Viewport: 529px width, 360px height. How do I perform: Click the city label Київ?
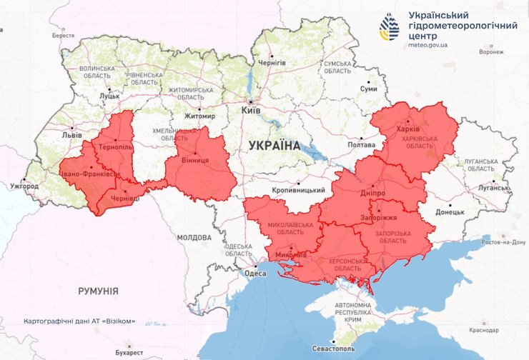251,111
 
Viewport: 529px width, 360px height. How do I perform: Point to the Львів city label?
72,134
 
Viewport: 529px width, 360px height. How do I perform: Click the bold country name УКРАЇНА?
275,145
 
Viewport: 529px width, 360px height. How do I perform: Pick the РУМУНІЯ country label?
98,291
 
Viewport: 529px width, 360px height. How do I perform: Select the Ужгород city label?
24,186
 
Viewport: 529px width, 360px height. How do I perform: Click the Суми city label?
368,89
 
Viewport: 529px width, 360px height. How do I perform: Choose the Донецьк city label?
450,211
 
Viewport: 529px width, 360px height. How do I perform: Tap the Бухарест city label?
119,353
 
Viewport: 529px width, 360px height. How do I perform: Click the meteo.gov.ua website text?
427,45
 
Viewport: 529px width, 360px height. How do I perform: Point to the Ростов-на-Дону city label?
504,242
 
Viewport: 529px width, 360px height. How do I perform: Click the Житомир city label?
199,116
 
